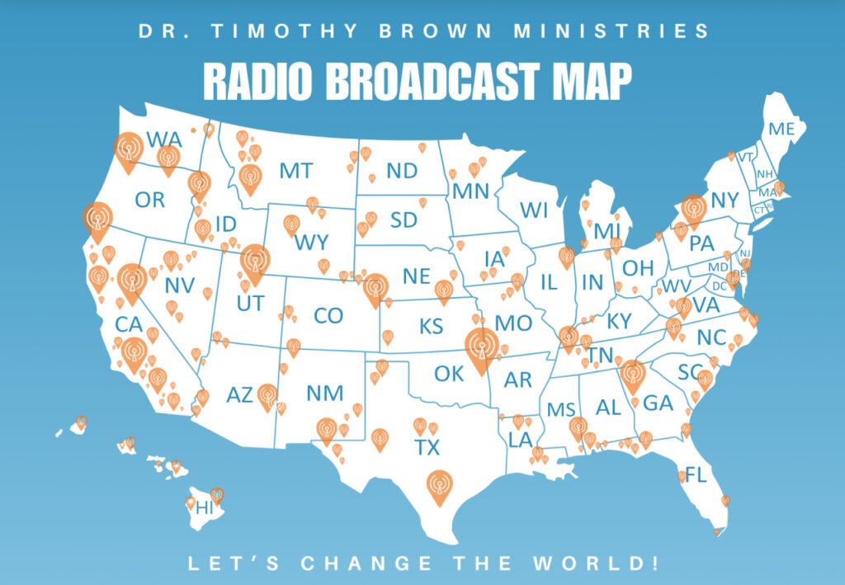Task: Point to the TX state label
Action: pyautogui.click(x=427, y=447)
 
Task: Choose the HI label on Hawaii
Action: pyautogui.click(x=204, y=508)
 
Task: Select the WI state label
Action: pyautogui.click(x=534, y=210)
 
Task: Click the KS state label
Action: pyautogui.click(x=431, y=326)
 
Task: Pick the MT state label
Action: pyautogui.click(x=295, y=171)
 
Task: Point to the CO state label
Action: pyautogui.click(x=328, y=315)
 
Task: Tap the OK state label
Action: pyautogui.click(x=449, y=374)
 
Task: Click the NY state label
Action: pyautogui.click(x=725, y=201)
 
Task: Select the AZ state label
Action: pyautogui.click(x=239, y=396)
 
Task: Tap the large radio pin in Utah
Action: pyautogui.click(x=254, y=262)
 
